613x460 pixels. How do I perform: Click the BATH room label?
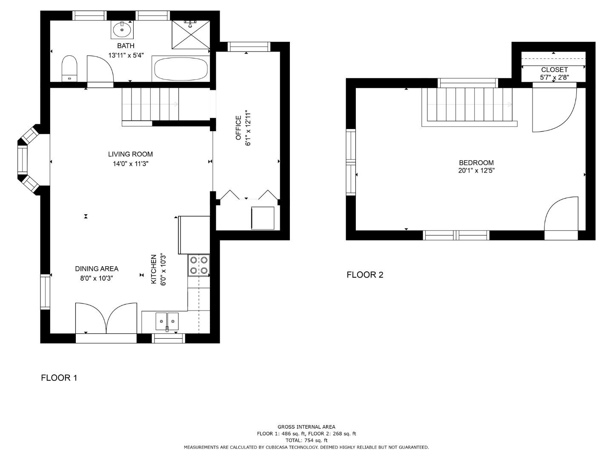point(126,46)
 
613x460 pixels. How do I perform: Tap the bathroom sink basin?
point(122,29)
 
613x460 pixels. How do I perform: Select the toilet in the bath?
point(69,68)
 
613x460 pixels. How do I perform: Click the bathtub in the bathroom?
point(181,69)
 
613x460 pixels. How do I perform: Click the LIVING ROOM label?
point(130,154)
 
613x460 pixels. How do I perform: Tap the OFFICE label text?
point(238,128)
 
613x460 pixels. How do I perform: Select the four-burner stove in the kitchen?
point(199,265)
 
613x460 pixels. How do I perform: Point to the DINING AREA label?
point(97,269)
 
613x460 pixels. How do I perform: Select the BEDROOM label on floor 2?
point(476,163)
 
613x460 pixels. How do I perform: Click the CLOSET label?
point(554,70)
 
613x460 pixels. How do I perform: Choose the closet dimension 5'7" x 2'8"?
point(554,77)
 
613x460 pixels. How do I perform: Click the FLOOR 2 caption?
point(365,275)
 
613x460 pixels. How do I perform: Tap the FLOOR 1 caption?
point(59,378)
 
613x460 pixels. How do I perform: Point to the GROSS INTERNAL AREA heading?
point(306,427)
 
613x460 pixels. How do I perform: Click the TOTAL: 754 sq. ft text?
point(306,440)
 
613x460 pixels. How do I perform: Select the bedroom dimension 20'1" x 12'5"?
point(476,170)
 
